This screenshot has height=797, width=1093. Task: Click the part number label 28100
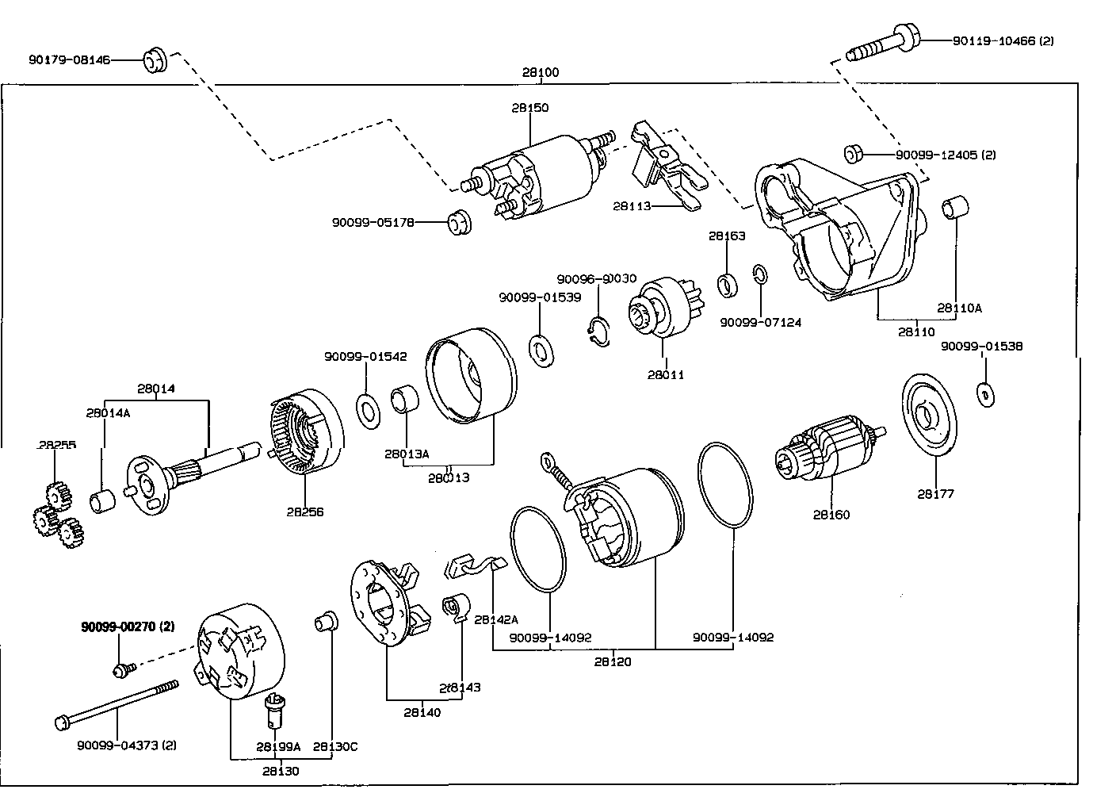pos(540,72)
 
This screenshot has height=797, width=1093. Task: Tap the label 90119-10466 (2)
pos(1003,41)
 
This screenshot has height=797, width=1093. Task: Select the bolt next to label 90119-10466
pos(883,43)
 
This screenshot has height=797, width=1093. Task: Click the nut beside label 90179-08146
pos(155,60)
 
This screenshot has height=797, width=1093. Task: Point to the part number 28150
pos(530,107)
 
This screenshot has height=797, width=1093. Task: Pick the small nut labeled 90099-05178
pos(459,222)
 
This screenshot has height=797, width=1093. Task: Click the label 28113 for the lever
pos(632,206)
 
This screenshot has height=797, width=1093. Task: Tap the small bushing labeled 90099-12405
pos(854,154)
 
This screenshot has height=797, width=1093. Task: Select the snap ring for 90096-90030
pos(598,332)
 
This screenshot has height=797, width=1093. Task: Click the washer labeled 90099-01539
pos(541,351)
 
